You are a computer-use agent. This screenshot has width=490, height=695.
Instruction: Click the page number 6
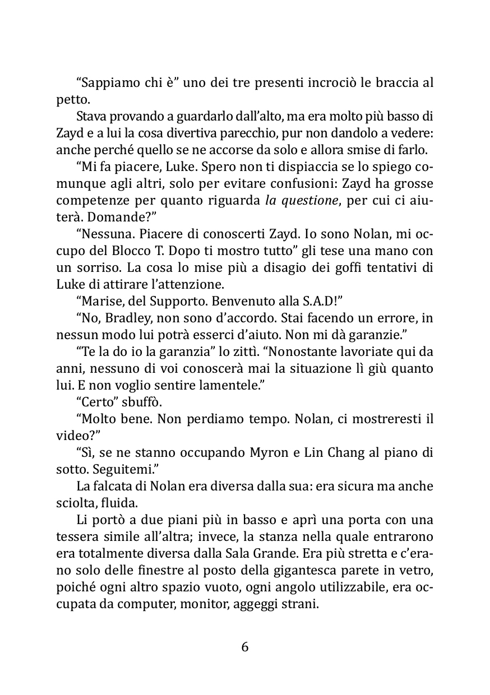(244, 647)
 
